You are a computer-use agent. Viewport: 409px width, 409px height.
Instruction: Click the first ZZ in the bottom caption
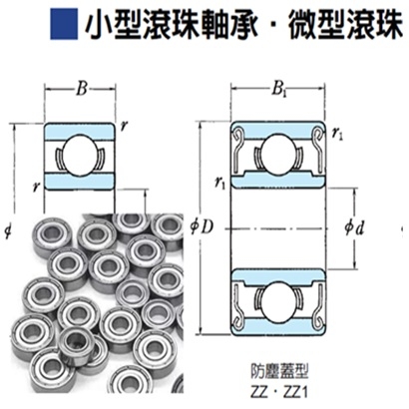tap(262, 389)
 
